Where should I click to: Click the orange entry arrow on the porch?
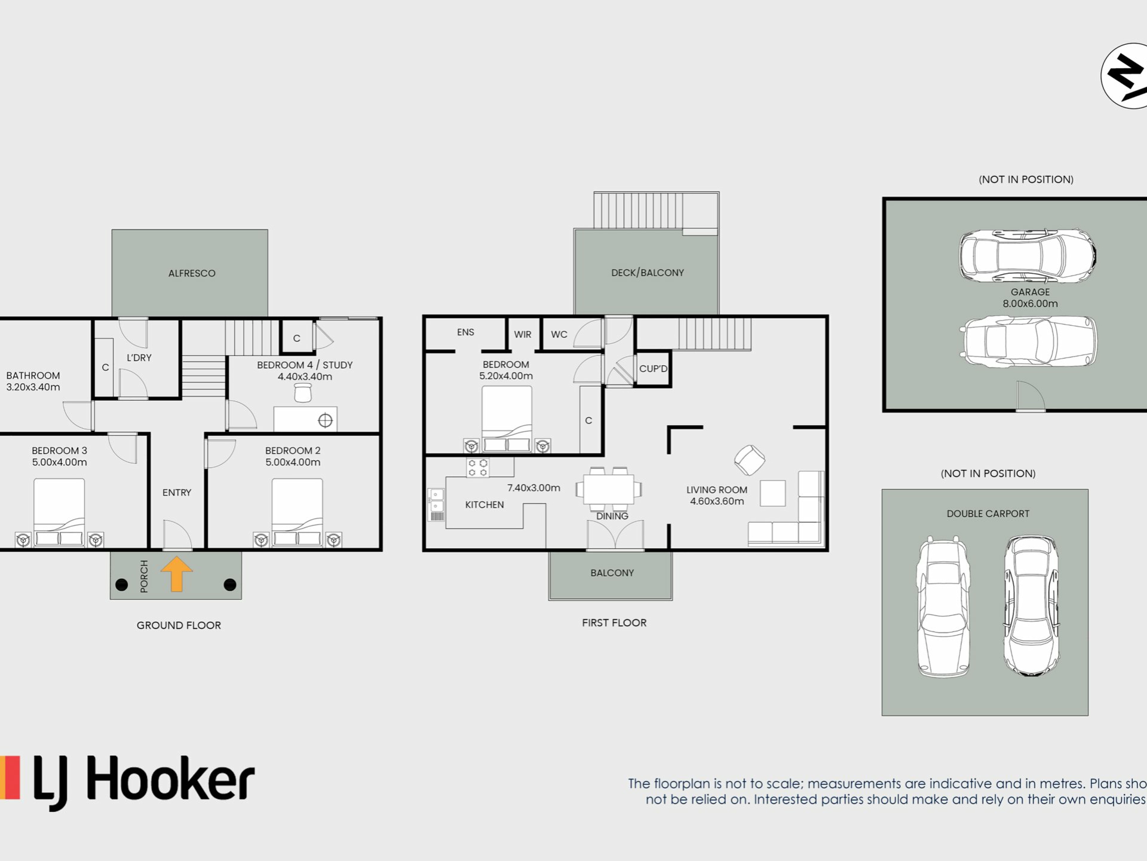(x=176, y=573)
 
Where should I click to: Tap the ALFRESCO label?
(x=192, y=273)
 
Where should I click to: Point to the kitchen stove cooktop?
(x=478, y=468)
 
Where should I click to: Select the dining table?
(x=609, y=490)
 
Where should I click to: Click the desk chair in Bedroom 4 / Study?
(x=303, y=392)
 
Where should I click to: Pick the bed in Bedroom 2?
(x=298, y=512)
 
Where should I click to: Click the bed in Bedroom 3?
(x=59, y=512)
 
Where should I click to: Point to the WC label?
(x=559, y=334)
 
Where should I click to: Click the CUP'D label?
(x=653, y=368)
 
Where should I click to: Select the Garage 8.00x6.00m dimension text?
(x=1030, y=304)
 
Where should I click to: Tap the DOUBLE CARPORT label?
(x=988, y=514)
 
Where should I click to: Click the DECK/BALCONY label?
(x=648, y=273)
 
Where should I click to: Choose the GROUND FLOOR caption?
(x=179, y=625)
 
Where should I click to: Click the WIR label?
(x=523, y=334)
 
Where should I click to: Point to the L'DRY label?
(x=139, y=358)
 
